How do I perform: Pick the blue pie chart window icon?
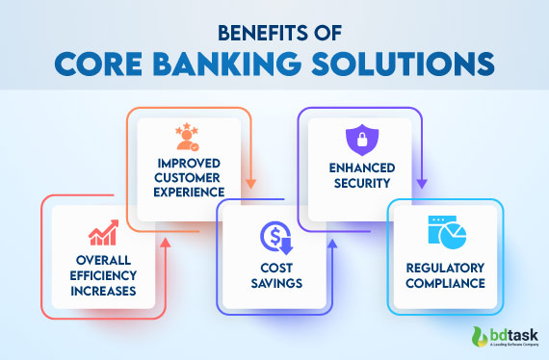pyautogui.click(x=443, y=235)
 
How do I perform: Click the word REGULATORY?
pyautogui.click(x=443, y=270)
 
